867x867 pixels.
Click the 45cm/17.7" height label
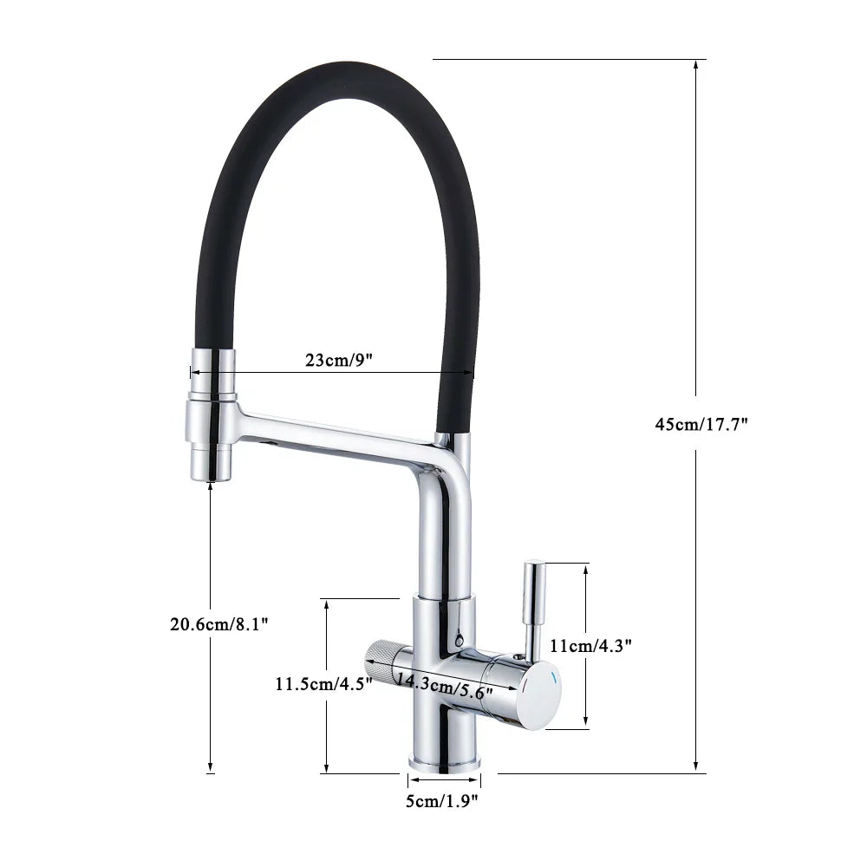coord(701,424)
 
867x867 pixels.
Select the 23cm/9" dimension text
coord(338,361)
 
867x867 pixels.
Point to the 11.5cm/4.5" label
coord(323,683)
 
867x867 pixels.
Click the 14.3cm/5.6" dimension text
coord(445,686)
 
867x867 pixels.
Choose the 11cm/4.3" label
coord(590,645)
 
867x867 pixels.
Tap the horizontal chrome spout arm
coord(338,433)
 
